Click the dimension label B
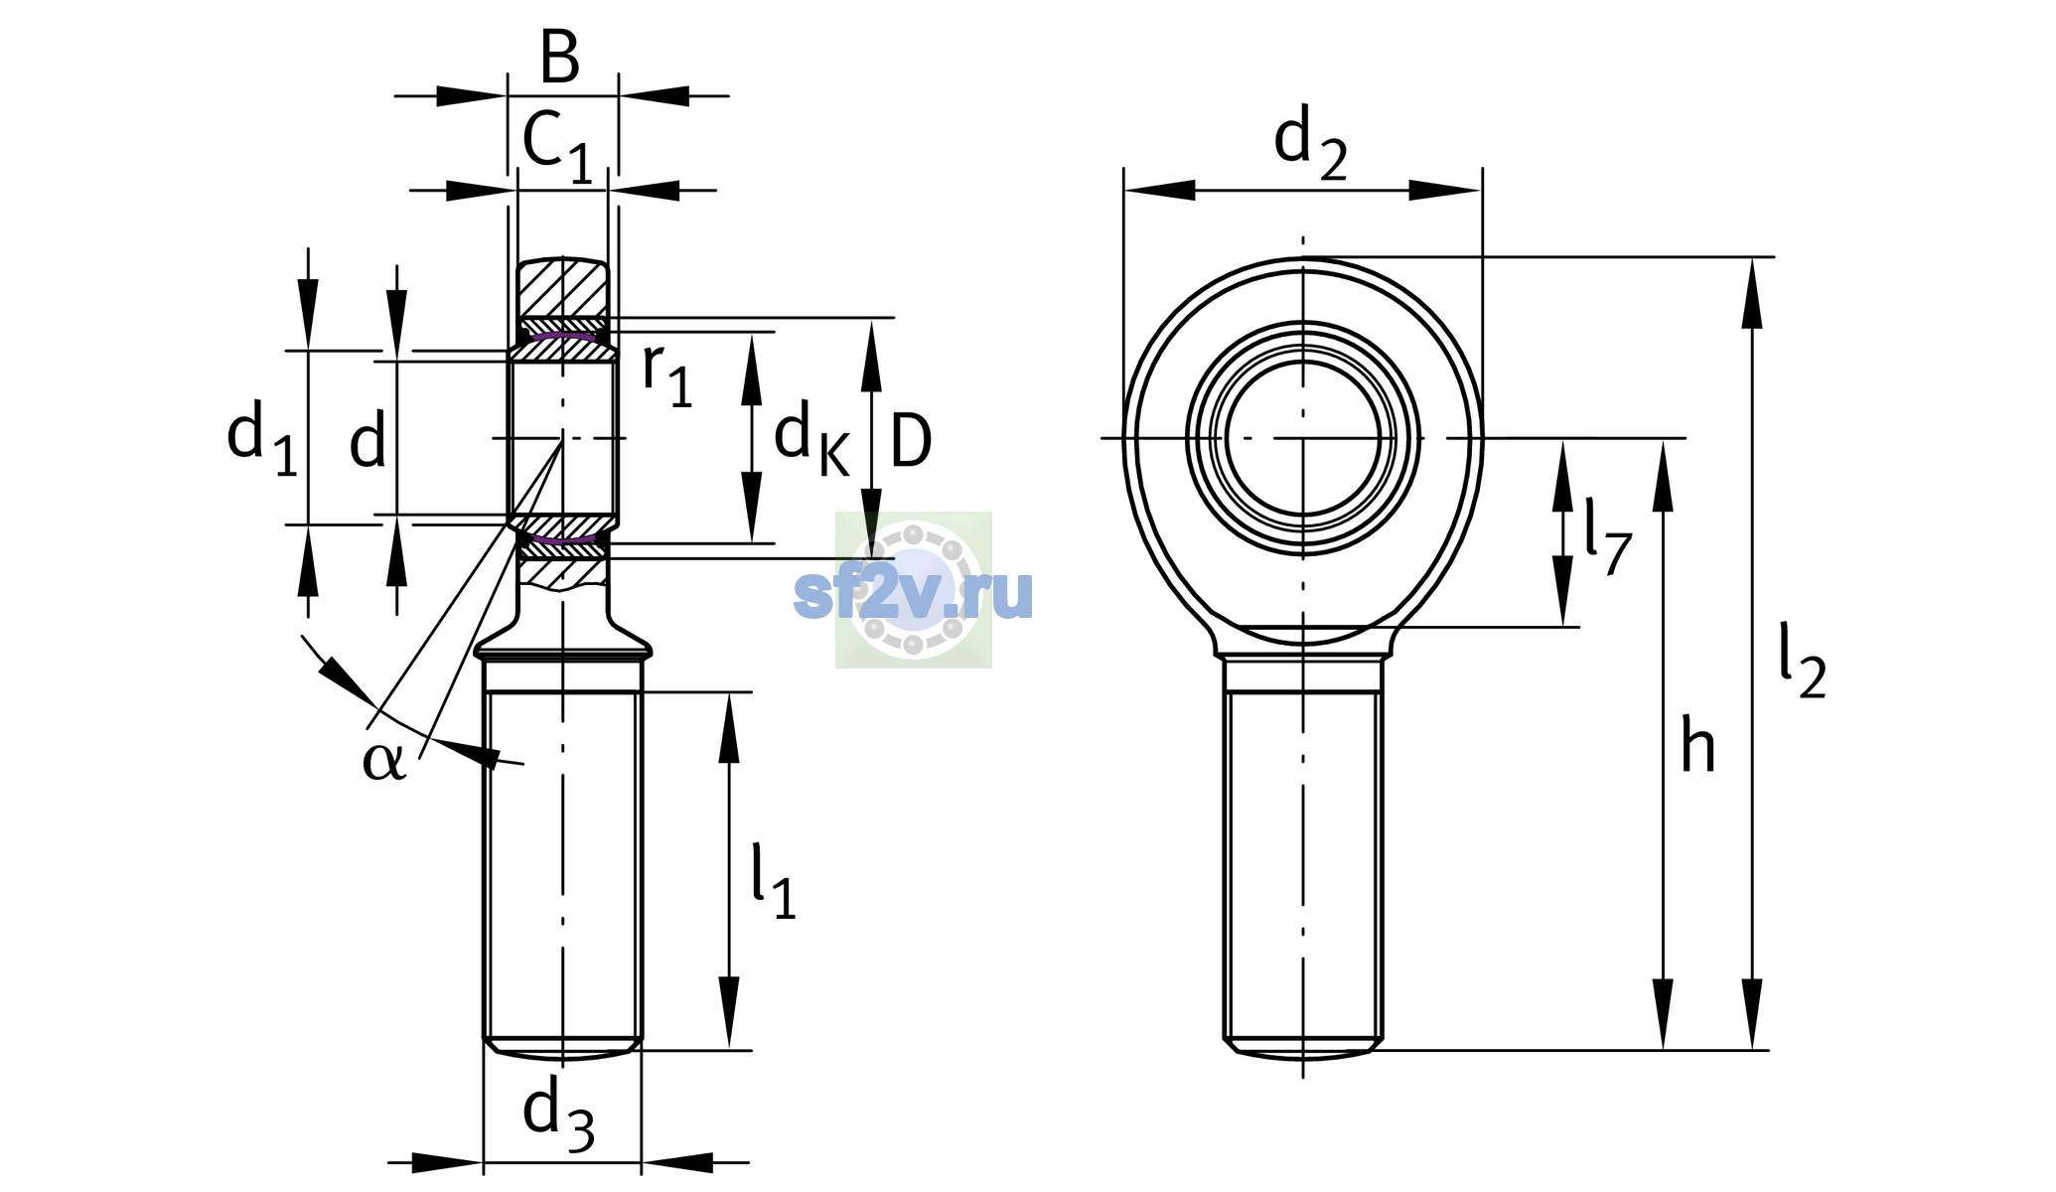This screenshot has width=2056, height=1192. (559, 58)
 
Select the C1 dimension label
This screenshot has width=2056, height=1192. (557, 147)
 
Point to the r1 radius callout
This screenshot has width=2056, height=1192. (666, 374)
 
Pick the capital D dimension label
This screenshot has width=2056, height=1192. (911, 440)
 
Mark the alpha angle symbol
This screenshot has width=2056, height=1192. (384, 761)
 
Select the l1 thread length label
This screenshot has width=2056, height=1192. (773, 881)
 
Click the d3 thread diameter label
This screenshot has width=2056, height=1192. (558, 1116)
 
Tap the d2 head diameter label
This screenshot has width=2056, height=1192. (1310, 144)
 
